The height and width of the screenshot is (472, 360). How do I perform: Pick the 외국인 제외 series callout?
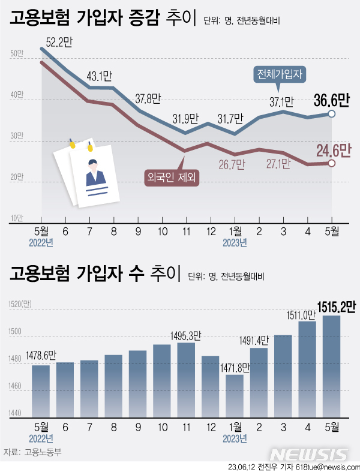(172, 176)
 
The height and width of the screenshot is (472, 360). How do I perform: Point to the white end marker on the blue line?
(332, 114)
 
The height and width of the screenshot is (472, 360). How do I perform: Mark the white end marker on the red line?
(332, 163)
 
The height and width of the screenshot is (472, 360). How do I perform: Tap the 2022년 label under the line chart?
(41, 242)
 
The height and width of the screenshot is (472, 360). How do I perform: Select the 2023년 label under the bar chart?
(235, 438)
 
